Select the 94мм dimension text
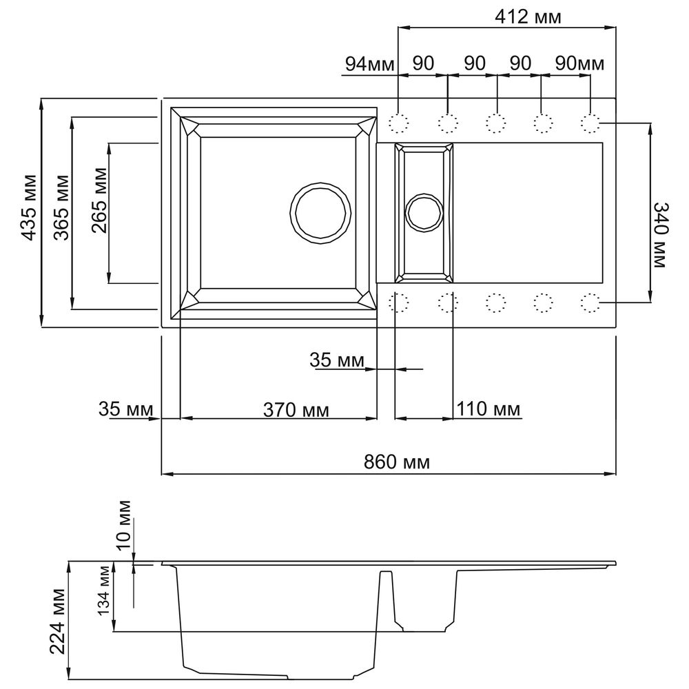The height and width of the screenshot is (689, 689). (x=369, y=64)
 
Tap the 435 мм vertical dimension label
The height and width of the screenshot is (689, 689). (x=28, y=214)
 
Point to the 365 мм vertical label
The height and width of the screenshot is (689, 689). (x=61, y=214)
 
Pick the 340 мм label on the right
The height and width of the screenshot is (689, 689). (x=661, y=234)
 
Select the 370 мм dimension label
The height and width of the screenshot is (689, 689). (x=296, y=410)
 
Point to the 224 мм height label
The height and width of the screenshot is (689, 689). (x=58, y=621)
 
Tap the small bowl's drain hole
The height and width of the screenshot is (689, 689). (x=423, y=212)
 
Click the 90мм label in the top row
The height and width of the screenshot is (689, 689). (x=579, y=64)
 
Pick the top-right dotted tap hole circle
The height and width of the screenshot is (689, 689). (x=590, y=123)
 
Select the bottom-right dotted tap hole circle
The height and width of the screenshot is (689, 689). (x=590, y=302)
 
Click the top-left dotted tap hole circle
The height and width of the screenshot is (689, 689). (x=398, y=123)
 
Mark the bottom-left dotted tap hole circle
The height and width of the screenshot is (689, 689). (x=398, y=302)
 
